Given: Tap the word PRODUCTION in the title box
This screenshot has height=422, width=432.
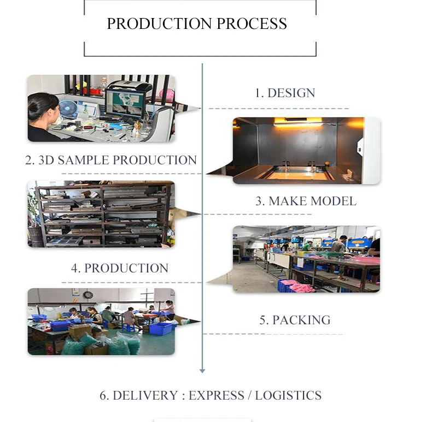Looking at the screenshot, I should point(160,24).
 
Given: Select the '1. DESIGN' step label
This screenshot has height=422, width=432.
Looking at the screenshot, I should point(285,93).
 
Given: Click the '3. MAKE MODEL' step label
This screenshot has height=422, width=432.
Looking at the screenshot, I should point(306,201).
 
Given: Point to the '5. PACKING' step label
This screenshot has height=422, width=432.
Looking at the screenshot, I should point(295,320).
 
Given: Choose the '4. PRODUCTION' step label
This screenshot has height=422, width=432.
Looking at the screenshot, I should point(120,268).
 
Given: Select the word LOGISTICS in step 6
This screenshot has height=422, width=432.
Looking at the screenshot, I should point(288,395).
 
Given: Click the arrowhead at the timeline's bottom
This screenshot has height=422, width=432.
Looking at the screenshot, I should point(202,371).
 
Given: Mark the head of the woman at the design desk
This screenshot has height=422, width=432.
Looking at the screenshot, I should point(42,105).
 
